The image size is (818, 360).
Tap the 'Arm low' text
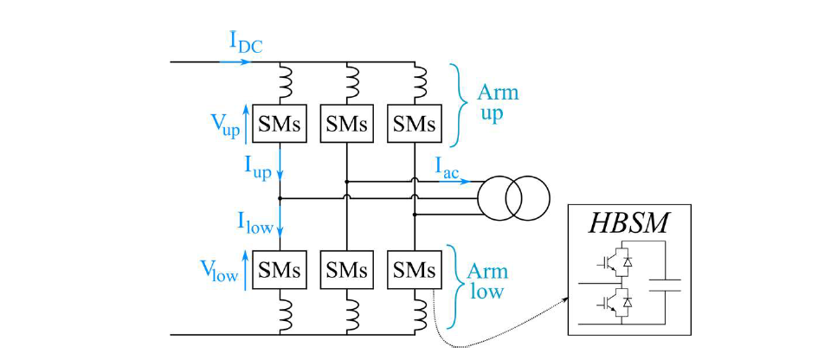486,280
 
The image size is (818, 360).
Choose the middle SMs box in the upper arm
347,124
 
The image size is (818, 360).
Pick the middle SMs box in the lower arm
347,270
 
